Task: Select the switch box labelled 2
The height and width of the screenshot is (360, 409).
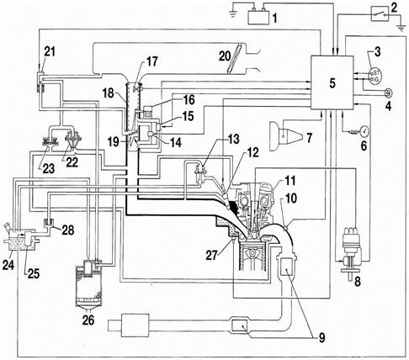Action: [x=380, y=13]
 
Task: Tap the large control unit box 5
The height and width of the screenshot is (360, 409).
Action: [x=332, y=82]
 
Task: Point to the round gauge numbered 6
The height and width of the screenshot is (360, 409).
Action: [x=364, y=131]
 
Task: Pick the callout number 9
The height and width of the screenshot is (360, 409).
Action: [x=321, y=337]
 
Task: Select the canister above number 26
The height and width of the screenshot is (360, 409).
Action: [x=88, y=283]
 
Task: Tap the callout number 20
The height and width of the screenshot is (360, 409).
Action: [x=225, y=56]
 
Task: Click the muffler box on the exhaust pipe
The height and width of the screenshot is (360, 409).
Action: [x=135, y=325]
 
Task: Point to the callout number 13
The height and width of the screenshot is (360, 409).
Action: [x=233, y=140]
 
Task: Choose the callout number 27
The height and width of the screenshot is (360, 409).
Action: [x=212, y=255]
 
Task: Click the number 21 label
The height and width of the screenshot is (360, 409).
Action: [x=50, y=52]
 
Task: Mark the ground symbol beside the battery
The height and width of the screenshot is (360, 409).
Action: [x=232, y=13]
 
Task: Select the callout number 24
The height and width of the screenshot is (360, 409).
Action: [x=8, y=264]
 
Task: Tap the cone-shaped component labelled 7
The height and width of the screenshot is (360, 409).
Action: [x=285, y=136]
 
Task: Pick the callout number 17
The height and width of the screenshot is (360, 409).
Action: [x=152, y=62]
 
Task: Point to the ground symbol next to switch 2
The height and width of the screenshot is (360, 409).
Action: [x=401, y=28]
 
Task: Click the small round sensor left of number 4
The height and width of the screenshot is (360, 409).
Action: [x=388, y=92]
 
